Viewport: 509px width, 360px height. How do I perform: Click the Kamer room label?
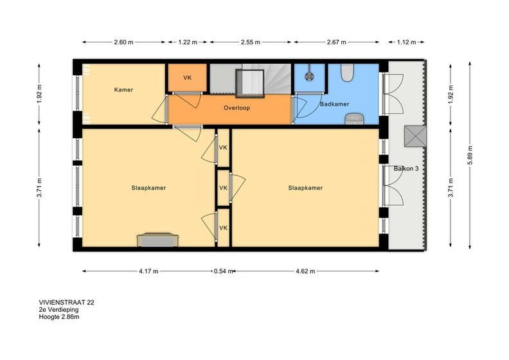click(x=123, y=89)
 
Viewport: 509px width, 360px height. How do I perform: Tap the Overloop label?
click(x=237, y=108)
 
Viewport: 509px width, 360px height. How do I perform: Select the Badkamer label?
click(x=334, y=104)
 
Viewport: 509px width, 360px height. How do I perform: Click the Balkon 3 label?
click(x=406, y=168)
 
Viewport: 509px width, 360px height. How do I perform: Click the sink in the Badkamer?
click(x=355, y=119)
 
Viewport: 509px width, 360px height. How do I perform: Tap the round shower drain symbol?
click(x=308, y=76)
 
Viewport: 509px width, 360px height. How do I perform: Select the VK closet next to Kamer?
click(x=187, y=78)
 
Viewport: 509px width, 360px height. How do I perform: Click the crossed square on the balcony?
click(x=415, y=137)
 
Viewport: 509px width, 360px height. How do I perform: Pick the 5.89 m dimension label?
click(x=470, y=155)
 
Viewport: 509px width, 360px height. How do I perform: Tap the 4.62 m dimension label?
click(x=305, y=271)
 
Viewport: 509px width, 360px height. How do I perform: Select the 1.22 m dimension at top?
click(x=188, y=42)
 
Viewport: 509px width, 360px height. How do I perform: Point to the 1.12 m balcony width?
click(x=406, y=42)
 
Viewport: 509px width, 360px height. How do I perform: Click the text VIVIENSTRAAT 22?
click(x=67, y=302)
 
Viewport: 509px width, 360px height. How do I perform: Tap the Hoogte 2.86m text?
click(x=59, y=316)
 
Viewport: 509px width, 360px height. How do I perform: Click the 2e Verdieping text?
click(x=58, y=309)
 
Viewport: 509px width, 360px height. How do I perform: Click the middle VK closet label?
click(x=223, y=188)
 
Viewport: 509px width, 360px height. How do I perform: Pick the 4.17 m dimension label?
click(x=148, y=271)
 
